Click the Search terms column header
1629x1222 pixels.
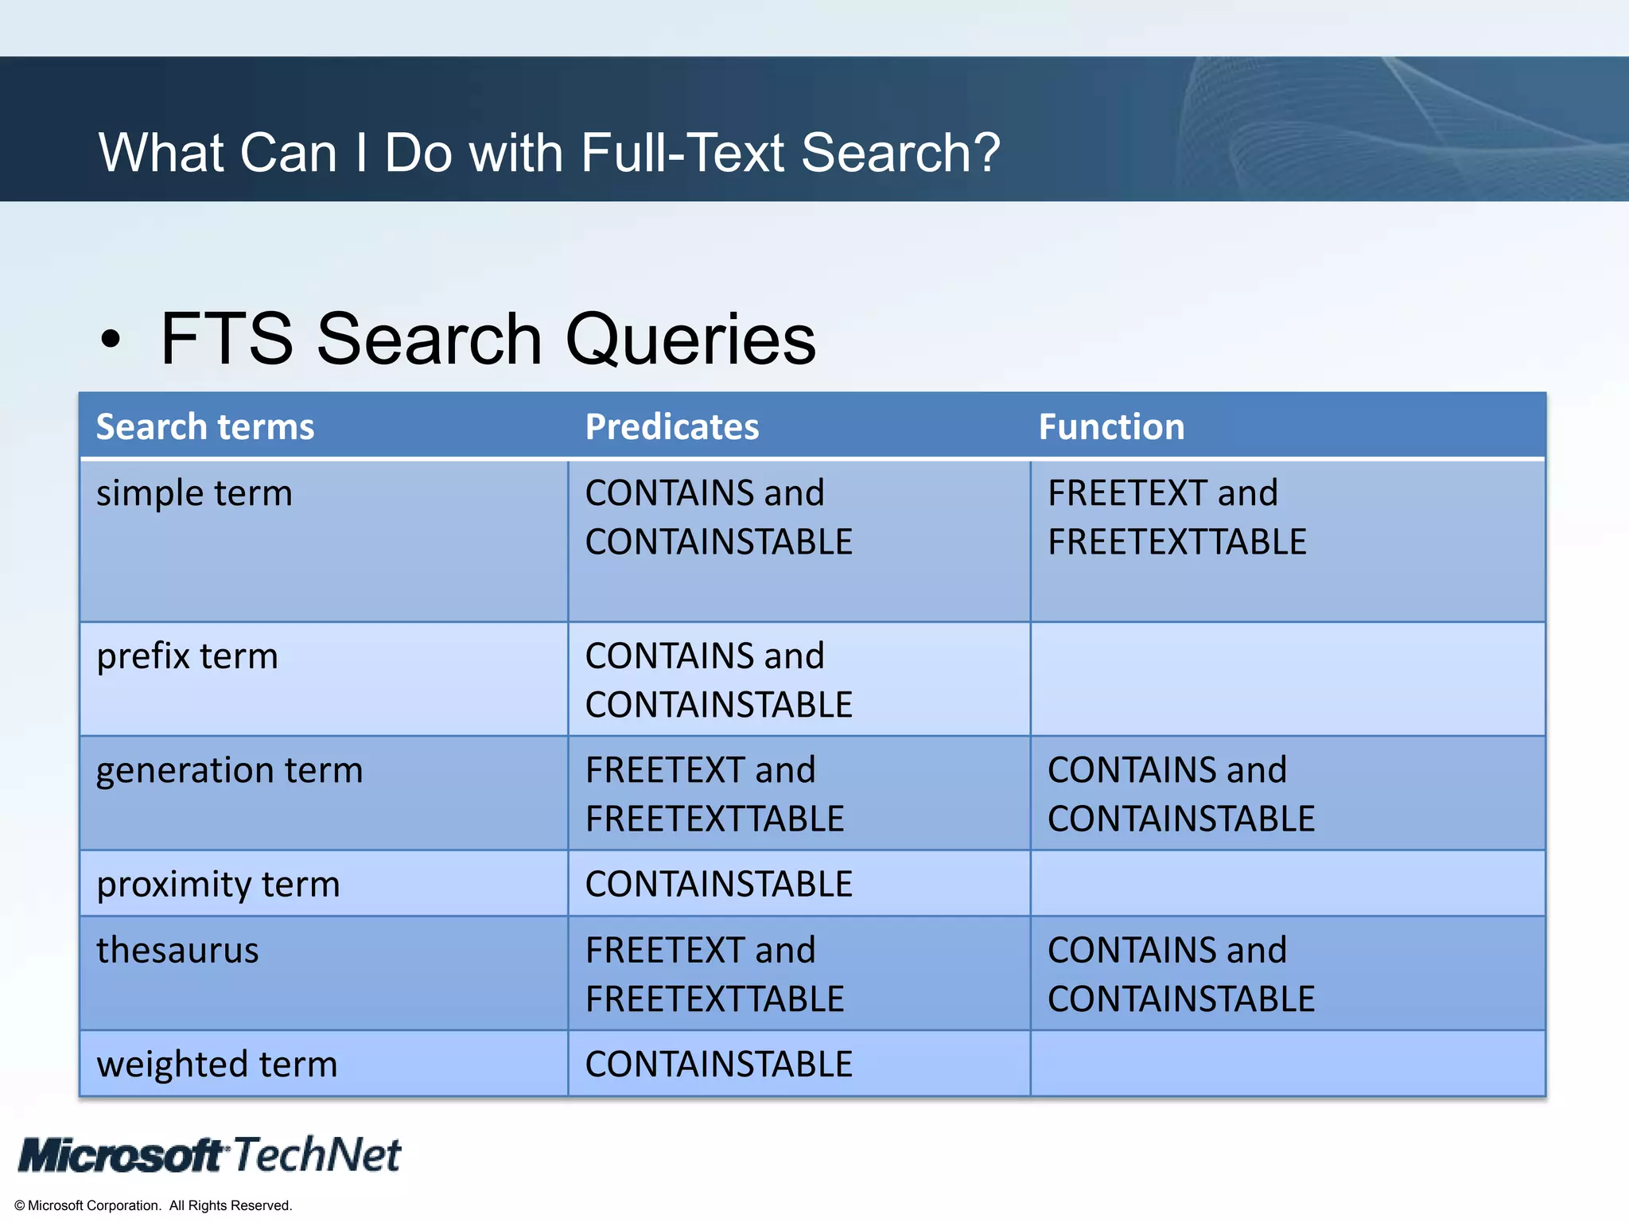[205, 427]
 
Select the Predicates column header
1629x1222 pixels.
[672, 427]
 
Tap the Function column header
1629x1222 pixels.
[1111, 427]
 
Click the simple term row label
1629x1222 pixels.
[194, 494]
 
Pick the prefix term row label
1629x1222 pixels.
[187, 657]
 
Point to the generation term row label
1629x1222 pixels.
[229, 771]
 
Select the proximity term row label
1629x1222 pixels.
[218, 885]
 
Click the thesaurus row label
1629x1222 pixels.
[177, 951]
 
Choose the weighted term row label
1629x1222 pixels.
[216, 1064]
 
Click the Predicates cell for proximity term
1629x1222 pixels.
[718, 885]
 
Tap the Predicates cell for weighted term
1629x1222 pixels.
[718, 1064]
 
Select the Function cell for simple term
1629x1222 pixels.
[1176, 518]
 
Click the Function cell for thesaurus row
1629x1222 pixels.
[1180, 975]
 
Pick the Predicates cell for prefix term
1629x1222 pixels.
[718, 681]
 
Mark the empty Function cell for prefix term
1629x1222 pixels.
[1287, 679]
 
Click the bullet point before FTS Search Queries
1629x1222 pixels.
[111, 341]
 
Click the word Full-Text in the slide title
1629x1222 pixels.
[684, 153]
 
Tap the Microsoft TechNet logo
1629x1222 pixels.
[210, 1155]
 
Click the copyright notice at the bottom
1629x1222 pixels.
[154, 1205]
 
